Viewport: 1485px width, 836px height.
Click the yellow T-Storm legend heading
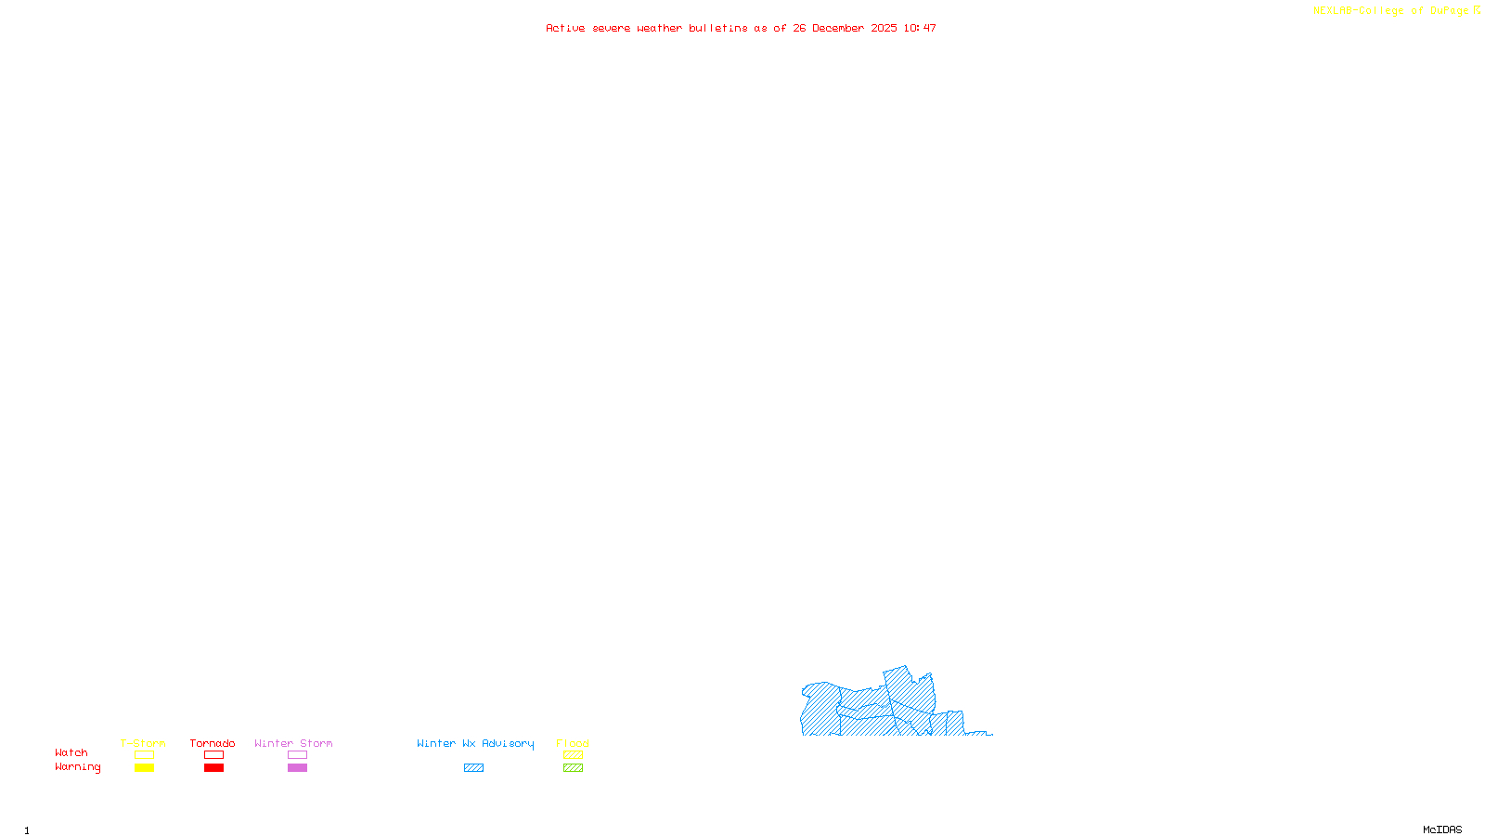click(143, 743)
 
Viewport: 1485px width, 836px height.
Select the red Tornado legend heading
click(213, 743)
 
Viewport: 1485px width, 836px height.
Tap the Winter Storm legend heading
click(293, 743)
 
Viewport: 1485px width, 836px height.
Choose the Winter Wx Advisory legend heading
click(475, 743)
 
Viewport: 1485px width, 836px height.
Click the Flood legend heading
click(573, 743)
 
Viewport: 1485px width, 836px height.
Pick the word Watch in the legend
click(71, 752)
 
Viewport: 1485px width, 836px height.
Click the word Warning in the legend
click(78, 767)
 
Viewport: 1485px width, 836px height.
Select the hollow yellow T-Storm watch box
click(144, 755)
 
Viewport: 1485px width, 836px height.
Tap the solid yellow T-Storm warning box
click(144, 768)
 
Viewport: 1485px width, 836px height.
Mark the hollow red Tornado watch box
click(213, 755)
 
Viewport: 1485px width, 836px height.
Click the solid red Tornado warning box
click(213, 768)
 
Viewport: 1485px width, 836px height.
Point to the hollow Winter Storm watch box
click(297, 755)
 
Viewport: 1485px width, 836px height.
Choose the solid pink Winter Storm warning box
click(297, 768)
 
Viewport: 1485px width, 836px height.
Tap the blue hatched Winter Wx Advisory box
click(473, 768)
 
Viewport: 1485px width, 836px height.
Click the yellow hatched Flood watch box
click(573, 755)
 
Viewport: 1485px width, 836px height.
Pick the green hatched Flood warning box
click(573, 768)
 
